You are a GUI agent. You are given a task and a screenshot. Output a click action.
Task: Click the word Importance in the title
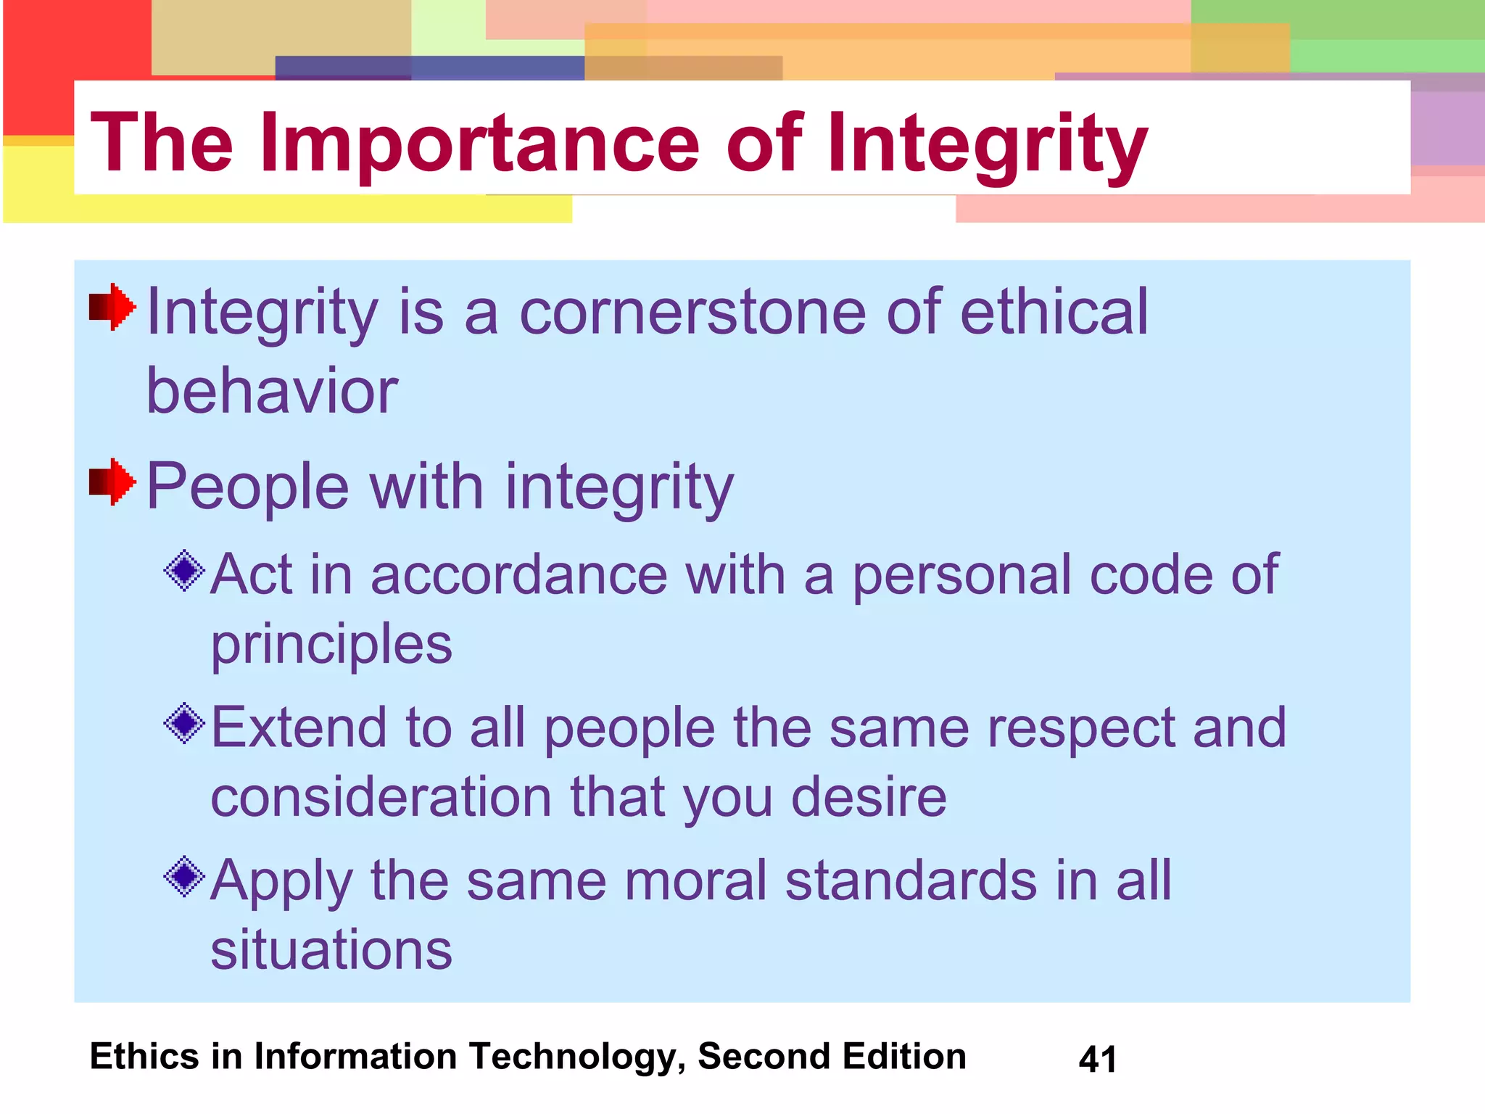tap(479, 144)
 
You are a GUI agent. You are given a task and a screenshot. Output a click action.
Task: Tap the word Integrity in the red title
tap(987, 144)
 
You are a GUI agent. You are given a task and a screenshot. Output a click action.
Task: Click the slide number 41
tap(1097, 1059)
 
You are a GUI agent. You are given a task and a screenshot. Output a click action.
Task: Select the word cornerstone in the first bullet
tap(692, 312)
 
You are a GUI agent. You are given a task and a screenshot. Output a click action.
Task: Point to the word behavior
tap(272, 390)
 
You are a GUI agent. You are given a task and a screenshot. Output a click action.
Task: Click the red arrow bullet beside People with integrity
tap(112, 482)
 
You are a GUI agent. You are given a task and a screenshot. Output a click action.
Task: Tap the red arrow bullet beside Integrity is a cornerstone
tap(112, 307)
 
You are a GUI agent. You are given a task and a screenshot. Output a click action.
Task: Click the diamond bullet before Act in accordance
tap(185, 570)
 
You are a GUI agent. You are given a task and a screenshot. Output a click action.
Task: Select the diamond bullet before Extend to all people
tap(185, 723)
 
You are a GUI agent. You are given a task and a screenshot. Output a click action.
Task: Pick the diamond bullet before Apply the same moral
tap(185, 876)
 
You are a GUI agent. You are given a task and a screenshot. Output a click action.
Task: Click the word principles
tap(331, 644)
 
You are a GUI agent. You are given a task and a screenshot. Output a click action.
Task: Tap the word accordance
tap(518, 574)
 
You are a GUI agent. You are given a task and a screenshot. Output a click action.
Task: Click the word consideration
tap(381, 796)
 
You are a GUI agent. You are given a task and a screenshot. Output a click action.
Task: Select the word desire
tap(869, 796)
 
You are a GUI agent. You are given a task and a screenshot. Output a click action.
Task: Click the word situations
tap(331, 949)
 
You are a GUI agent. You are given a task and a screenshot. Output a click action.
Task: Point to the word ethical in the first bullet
tap(1054, 312)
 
